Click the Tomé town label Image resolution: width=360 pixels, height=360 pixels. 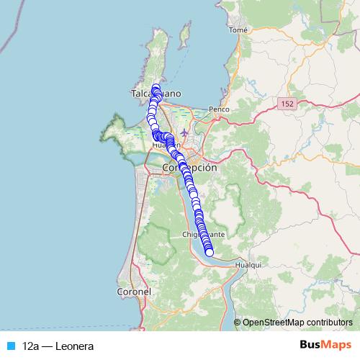238,30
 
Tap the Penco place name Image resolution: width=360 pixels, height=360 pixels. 218,109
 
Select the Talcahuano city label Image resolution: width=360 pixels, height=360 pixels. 156,94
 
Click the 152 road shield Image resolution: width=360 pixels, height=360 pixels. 288,104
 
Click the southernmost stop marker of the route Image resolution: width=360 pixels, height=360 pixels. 210,252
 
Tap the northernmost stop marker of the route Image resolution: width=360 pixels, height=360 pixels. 156,87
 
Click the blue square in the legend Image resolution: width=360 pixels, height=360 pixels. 9,346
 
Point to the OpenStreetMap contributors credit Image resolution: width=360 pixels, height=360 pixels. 297,322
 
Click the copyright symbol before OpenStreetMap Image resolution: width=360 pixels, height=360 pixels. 238,322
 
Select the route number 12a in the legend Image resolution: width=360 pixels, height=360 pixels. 30,346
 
